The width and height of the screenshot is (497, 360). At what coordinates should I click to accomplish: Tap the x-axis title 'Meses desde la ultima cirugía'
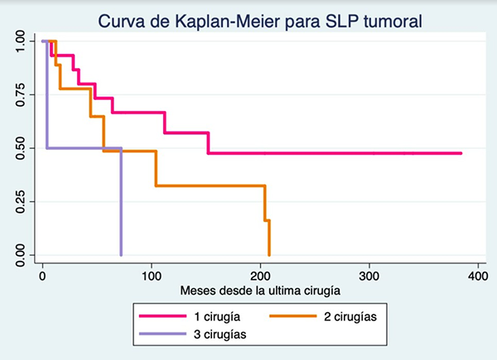coord(259,290)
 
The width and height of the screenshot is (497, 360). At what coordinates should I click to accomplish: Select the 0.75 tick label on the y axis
coord(17,95)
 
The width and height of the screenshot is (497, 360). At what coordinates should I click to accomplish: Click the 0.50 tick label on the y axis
coord(17,149)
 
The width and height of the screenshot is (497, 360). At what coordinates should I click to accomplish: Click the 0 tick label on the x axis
coord(43,276)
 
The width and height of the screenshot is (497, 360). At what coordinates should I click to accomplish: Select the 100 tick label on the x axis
coord(151,276)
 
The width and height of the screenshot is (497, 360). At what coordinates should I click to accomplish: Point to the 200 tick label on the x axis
coord(259,276)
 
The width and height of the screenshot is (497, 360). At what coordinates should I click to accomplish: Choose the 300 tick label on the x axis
coord(368,276)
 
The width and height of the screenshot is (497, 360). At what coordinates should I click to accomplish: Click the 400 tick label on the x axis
coord(475,276)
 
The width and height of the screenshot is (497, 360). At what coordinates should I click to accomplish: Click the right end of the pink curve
coord(461,153)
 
